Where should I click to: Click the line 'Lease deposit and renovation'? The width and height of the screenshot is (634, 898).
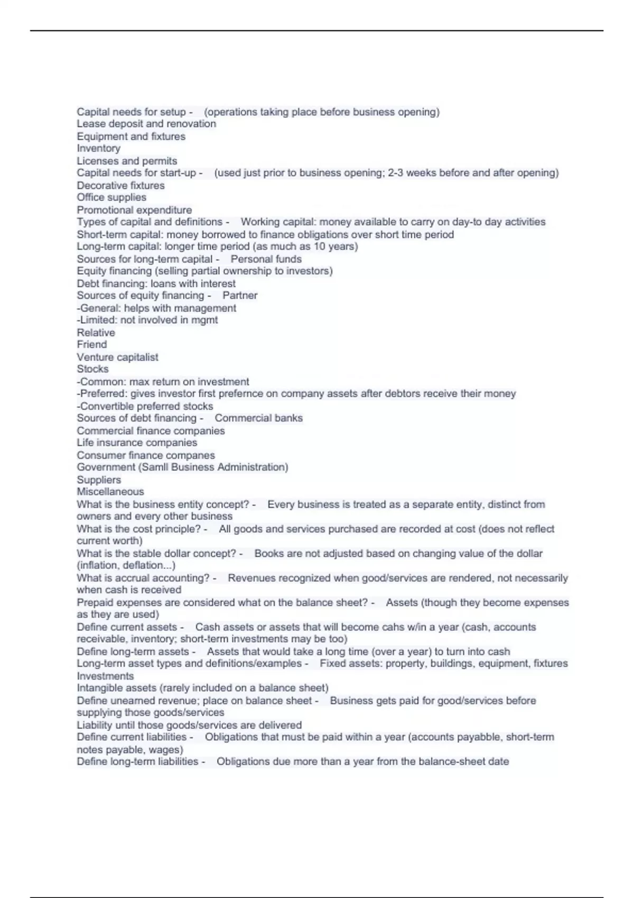click(x=146, y=124)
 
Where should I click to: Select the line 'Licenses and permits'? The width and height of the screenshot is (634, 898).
click(x=127, y=161)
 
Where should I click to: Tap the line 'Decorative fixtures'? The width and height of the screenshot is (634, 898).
click(x=120, y=185)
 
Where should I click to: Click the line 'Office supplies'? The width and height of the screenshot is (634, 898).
click(x=111, y=197)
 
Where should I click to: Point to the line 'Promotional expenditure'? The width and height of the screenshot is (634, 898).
click(x=134, y=210)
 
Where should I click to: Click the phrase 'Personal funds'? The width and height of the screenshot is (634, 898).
click(x=266, y=259)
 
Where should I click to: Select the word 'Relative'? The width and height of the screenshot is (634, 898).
click(x=96, y=332)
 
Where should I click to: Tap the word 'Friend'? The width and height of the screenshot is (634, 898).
click(x=91, y=344)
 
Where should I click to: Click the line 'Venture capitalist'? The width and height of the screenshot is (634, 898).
click(x=117, y=357)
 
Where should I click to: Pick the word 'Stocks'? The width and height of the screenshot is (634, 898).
click(x=92, y=369)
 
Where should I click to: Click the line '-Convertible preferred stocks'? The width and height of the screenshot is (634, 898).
click(x=145, y=406)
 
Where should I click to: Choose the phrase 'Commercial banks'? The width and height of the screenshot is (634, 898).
click(x=258, y=418)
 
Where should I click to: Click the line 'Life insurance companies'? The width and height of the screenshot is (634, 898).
click(x=137, y=443)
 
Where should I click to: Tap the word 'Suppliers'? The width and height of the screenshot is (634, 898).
click(x=99, y=480)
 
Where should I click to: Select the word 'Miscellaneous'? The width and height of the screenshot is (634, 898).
click(x=110, y=491)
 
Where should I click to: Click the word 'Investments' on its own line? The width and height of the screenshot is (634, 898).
click(x=105, y=676)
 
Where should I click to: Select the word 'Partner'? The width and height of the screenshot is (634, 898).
click(x=240, y=295)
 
